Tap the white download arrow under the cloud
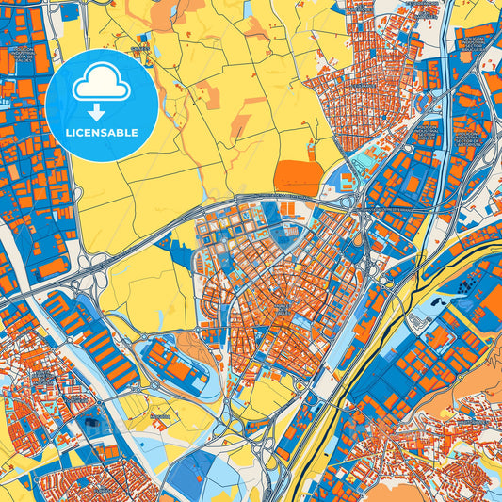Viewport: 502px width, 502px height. pyautogui.click(x=102, y=111)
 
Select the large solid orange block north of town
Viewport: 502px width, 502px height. pyautogui.click(x=298, y=177)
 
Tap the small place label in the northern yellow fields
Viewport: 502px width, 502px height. pyautogui.click(x=139, y=48)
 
